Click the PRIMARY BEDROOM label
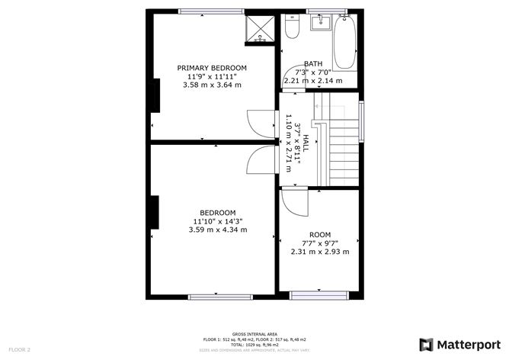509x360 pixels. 212,68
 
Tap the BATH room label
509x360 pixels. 312,64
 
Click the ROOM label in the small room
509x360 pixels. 320,234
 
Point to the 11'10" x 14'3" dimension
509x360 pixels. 217,221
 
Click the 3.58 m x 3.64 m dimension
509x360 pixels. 212,85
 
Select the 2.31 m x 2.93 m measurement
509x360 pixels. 320,252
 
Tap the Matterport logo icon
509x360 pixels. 427,343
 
